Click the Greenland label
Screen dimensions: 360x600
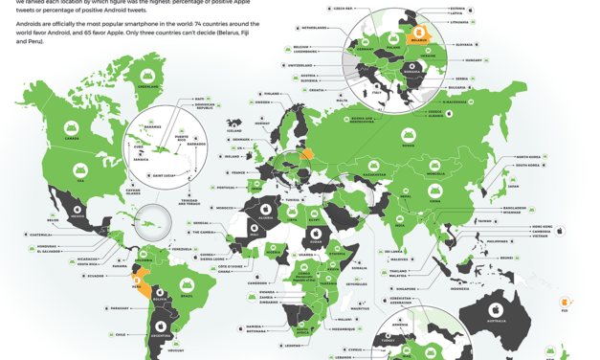click(x=146, y=86)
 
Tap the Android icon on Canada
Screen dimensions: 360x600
click(x=71, y=126)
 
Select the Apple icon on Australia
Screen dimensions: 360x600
click(x=497, y=310)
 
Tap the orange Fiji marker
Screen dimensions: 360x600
click(x=565, y=303)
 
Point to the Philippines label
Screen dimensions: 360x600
click(x=497, y=241)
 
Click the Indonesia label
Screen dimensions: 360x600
click(x=460, y=288)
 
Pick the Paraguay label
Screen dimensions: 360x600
click(x=120, y=308)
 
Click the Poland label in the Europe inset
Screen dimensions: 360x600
click(x=392, y=44)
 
